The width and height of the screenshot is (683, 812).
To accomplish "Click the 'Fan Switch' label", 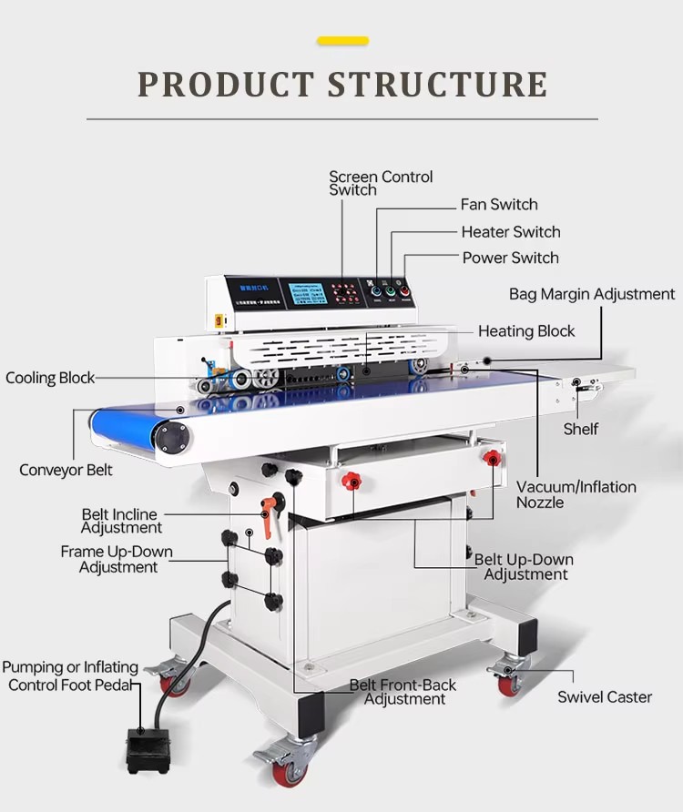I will pyautogui.click(x=499, y=205).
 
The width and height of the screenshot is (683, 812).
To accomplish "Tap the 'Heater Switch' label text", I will pyautogui.click(x=510, y=232).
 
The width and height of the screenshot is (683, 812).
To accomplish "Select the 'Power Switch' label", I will pyautogui.click(x=510, y=258).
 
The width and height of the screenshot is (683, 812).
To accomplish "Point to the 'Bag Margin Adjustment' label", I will pyautogui.click(x=592, y=294).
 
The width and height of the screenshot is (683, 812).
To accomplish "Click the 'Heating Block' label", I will pyautogui.click(x=526, y=331).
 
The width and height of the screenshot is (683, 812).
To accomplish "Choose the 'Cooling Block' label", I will pyautogui.click(x=50, y=378).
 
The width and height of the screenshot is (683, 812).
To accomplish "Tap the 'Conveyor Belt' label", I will pyautogui.click(x=66, y=470).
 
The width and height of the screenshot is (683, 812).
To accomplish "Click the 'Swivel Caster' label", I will pyautogui.click(x=605, y=697).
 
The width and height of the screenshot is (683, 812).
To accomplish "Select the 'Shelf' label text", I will pyautogui.click(x=580, y=429).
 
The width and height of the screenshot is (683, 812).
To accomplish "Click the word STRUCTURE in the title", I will pyautogui.click(x=437, y=84).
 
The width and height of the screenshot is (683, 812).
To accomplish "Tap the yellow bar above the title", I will pyautogui.click(x=342, y=41).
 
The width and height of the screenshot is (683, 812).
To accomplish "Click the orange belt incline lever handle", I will pyautogui.click(x=268, y=515).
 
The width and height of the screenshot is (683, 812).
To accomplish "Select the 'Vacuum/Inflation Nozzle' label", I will pyautogui.click(x=576, y=494).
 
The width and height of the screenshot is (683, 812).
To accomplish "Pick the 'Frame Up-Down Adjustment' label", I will pyautogui.click(x=117, y=560).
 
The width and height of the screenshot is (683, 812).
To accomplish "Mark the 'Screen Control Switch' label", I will pyautogui.click(x=380, y=183).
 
